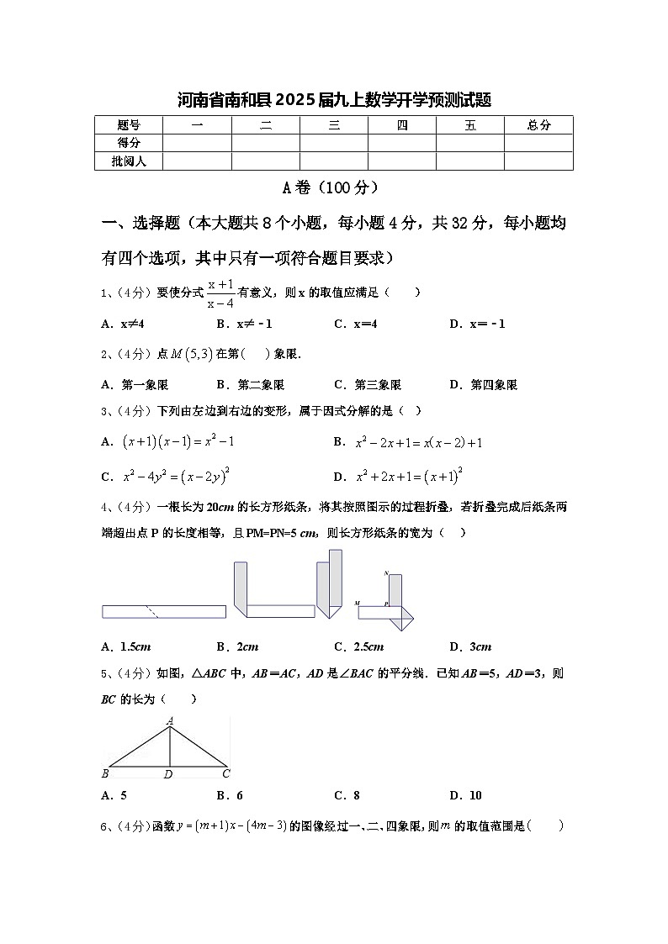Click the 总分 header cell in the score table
[x=538, y=125]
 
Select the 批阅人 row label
[x=129, y=161]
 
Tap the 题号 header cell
[x=129, y=125]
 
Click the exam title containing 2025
[x=334, y=100]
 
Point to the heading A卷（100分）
[x=333, y=187]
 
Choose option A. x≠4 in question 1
[x=123, y=324]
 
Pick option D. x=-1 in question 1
[x=477, y=324]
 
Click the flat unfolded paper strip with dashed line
[x=164, y=611]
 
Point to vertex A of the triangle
[x=171, y=720]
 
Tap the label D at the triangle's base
[x=168, y=774]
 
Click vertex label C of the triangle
[x=226, y=773]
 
